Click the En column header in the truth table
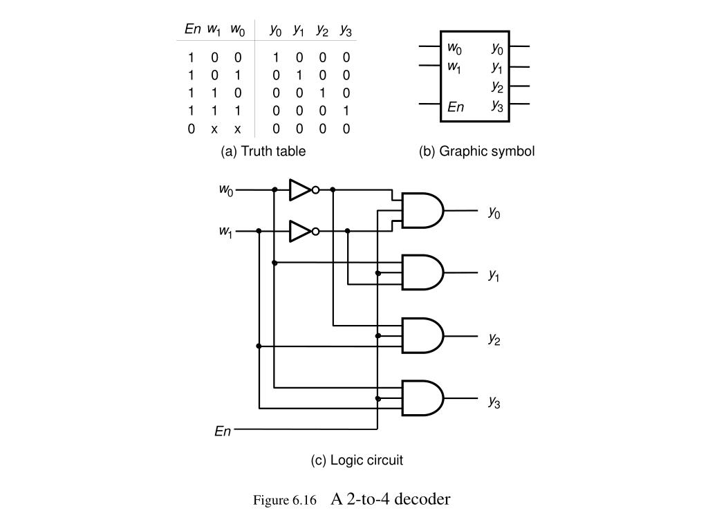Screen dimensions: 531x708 point(192,29)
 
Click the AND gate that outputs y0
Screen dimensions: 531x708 point(422,210)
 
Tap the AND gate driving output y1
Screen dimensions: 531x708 point(422,273)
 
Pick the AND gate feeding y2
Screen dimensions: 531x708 point(422,336)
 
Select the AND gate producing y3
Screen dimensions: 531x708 point(422,398)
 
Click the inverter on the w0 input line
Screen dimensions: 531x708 point(301,189)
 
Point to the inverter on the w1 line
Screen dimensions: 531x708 point(301,231)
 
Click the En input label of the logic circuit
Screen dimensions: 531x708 point(222,431)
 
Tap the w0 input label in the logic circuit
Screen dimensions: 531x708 point(226,189)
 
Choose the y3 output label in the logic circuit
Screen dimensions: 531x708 point(494,401)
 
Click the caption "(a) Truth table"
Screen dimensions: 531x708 point(263,151)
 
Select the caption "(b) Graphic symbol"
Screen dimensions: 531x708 point(476,151)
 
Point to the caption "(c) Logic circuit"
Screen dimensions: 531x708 point(356,460)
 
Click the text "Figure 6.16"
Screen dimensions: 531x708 point(284,500)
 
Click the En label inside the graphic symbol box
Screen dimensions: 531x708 point(456,106)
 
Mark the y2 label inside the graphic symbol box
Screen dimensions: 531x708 point(498,86)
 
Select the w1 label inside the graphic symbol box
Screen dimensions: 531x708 point(454,66)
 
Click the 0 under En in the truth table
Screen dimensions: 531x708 point(191,129)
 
